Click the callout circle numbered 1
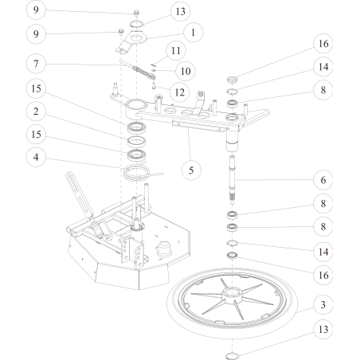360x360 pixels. (x=191, y=33)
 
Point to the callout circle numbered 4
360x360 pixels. (x=35, y=157)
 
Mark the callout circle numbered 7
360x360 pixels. (x=35, y=62)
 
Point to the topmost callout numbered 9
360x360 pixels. (x=35, y=10)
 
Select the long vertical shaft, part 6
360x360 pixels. (x=233, y=183)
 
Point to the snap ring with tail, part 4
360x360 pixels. (x=141, y=170)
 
